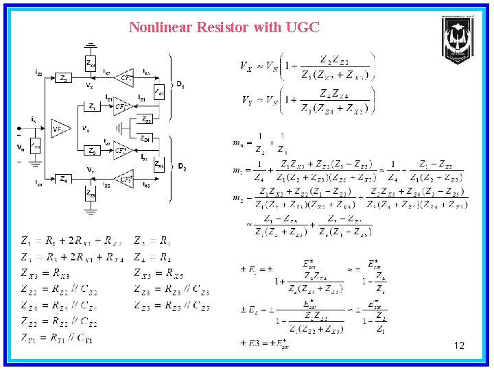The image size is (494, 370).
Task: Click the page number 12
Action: [459, 346]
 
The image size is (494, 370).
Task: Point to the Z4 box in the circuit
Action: [62, 180]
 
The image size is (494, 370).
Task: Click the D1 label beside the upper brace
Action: [180, 84]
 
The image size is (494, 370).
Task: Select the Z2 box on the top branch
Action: [62, 79]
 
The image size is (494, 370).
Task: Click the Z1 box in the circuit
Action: [92, 107]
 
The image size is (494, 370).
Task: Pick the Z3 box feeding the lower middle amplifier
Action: [92, 151]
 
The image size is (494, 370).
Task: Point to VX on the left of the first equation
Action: [246, 66]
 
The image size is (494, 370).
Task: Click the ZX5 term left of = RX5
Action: [143, 275]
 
